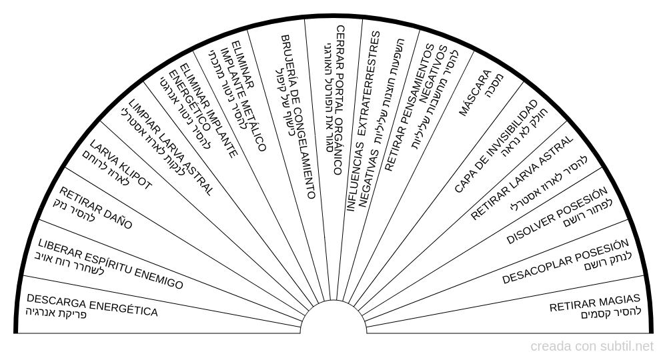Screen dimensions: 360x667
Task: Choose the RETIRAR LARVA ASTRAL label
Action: (522, 178)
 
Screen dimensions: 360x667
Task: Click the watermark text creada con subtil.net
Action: (592, 347)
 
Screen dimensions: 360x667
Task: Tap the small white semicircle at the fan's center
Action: (333, 319)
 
